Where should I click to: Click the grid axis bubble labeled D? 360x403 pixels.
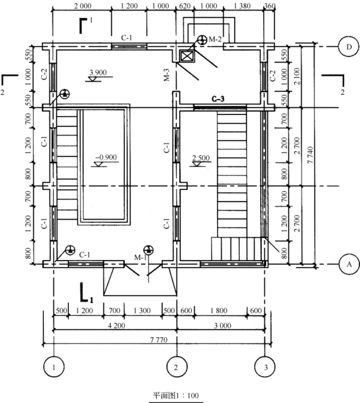[x=348, y=47]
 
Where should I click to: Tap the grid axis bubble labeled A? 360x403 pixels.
[x=348, y=265]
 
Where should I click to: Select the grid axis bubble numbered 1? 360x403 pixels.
[x=54, y=367]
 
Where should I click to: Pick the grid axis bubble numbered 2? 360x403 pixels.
[x=176, y=367]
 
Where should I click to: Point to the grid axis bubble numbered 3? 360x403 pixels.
[x=266, y=367]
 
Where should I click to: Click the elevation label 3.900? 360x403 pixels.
[x=97, y=72]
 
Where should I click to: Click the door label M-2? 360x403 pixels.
[x=215, y=39]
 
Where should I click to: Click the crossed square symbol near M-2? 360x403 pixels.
[x=187, y=56]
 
